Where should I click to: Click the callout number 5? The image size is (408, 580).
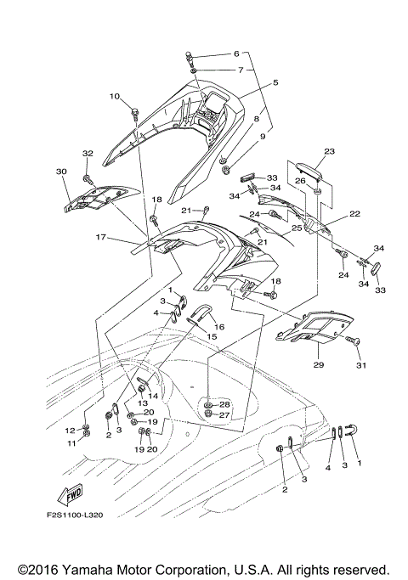tap(275, 83)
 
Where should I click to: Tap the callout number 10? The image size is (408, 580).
tap(115, 96)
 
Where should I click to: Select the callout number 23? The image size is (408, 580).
tap(329, 152)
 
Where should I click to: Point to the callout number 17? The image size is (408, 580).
tap(99, 237)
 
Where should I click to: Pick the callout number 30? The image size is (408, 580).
tap(61, 172)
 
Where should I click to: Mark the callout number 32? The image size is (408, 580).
tap(87, 153)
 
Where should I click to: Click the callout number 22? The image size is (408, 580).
tap(354, 214)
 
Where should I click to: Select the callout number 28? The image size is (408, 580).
tap(225, 403)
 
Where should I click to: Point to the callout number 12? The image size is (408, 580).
tap(71, 431)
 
